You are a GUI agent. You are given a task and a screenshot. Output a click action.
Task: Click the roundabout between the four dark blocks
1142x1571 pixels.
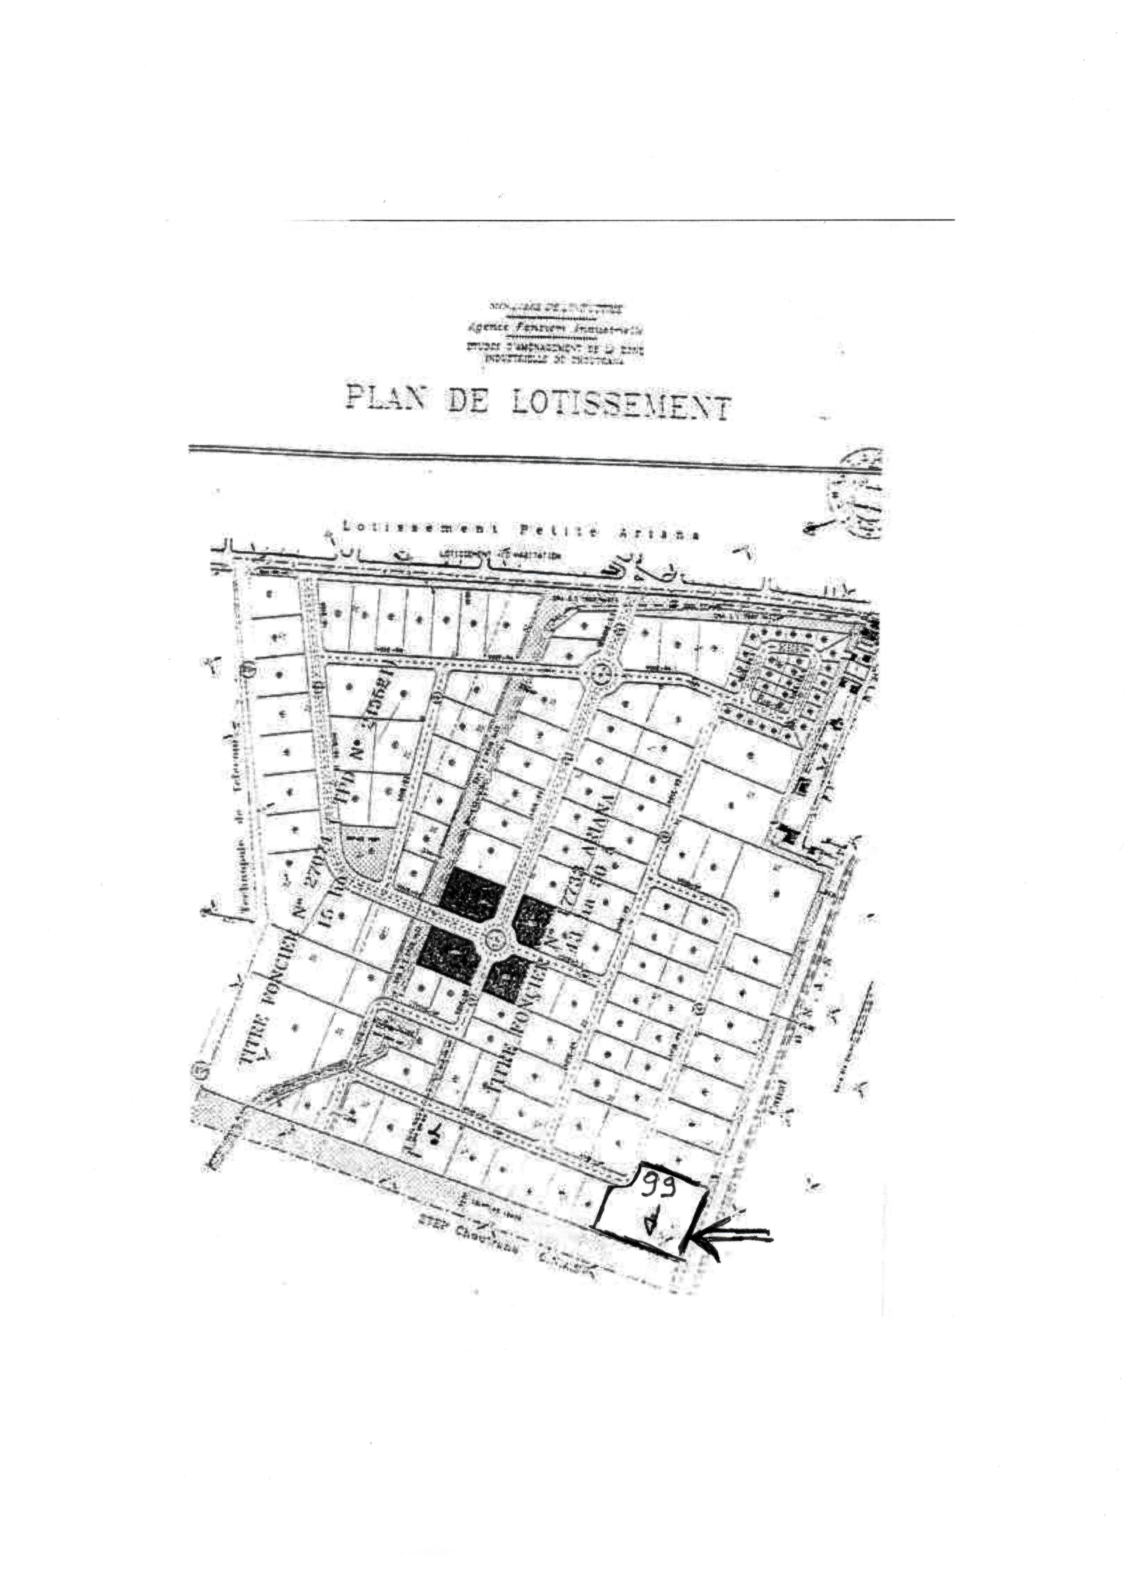click(496, 940)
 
